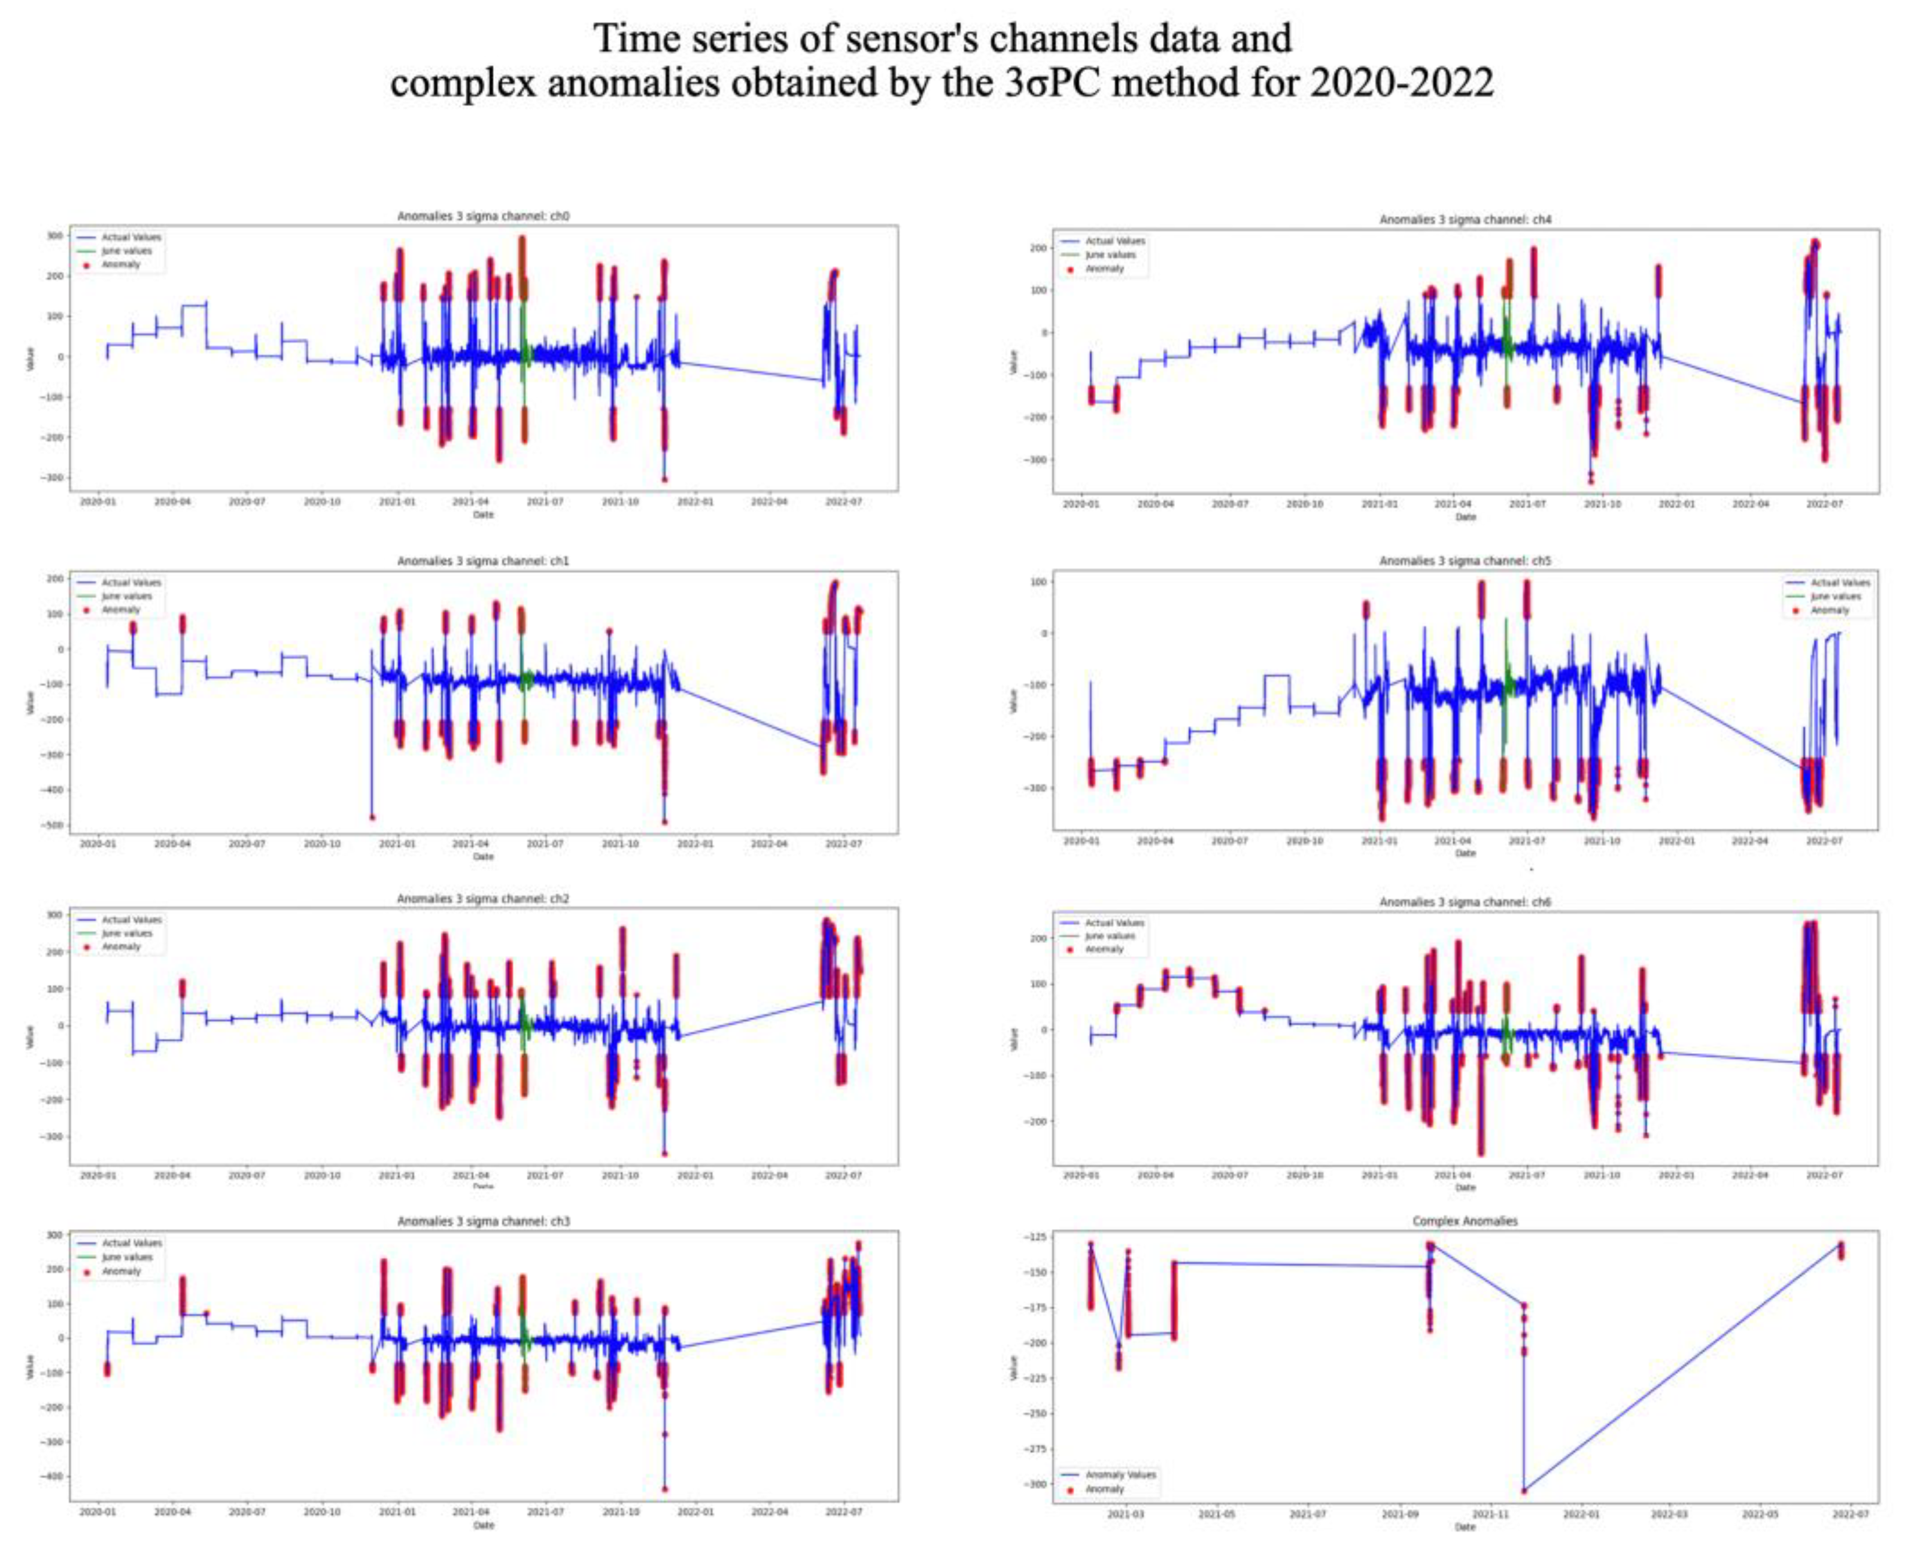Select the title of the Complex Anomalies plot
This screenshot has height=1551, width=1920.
point(1465,1221)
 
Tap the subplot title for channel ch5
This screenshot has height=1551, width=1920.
point(1465,561)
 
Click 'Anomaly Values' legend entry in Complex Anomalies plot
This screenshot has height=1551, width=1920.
point(1119,1475)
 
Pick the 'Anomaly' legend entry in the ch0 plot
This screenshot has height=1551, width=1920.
point(121,264)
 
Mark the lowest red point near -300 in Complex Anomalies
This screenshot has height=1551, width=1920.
point(1524,1490)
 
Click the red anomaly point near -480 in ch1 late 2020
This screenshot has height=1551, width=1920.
point(372,817)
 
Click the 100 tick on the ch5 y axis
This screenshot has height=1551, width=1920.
point(1039,582)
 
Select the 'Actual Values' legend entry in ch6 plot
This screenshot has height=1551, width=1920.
point(1114,922)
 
